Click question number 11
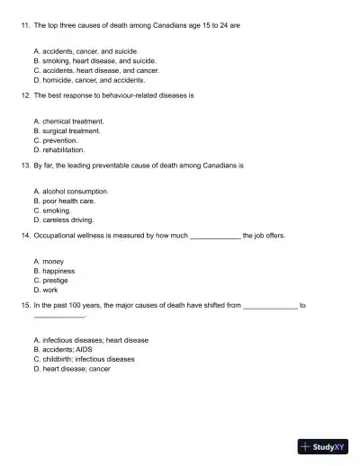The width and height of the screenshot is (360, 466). pyautogui.click(x=25, y=26)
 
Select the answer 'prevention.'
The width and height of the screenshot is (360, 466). pyautogui.click(x=59, y=140)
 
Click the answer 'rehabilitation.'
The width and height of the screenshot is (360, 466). pyautogui.click(x=63, y=150)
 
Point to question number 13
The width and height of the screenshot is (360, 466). pyautogui.click(x=25, y=166)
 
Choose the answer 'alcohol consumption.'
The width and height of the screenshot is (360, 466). pyautogui.click(x=75, y=192)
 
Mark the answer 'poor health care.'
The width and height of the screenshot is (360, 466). pyautogui.click(x=68, y=202)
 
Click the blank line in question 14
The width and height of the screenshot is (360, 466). pyautogui.click(x=215, y=236)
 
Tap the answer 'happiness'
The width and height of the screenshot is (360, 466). pyautogui.click(x=58, y=271)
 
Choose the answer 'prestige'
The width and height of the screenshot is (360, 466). pyautogui.click(x=57, y=281)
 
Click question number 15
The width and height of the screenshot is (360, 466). pyautogui.click(x=25, y=306)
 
